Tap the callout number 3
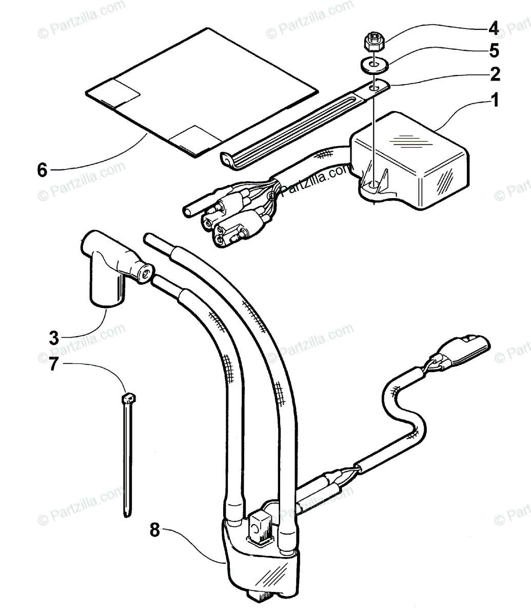(x=54, y=338)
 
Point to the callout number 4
(x=494, y=26)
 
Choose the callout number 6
(x=42, y=169)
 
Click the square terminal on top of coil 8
(x=255, y=526)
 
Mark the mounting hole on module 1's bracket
(x=375, y=183)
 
